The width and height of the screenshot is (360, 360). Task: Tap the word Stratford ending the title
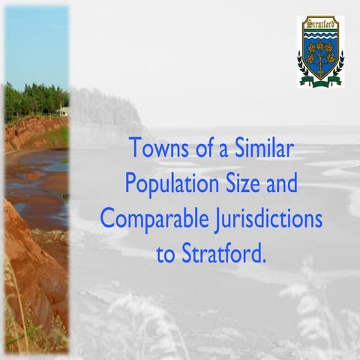pos(223,253)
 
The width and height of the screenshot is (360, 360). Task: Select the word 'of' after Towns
pos(199,147)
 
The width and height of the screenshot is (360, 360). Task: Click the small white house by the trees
pos(64,111)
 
